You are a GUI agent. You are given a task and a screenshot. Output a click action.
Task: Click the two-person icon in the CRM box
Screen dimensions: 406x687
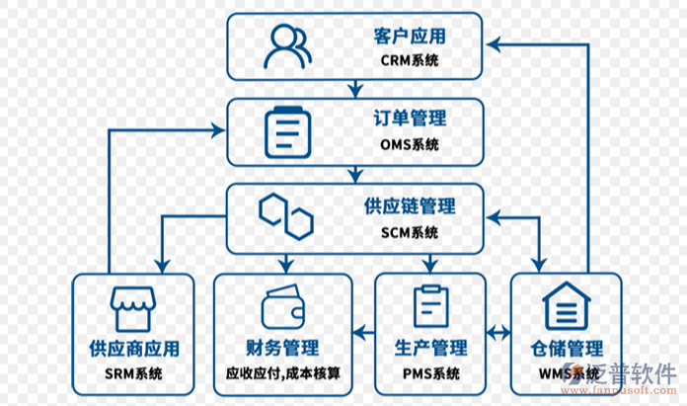pos(287,45)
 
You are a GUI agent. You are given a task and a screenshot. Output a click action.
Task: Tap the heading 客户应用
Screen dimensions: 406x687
pos(410,37)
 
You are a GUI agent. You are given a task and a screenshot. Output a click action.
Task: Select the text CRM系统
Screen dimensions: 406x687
pos(410,60)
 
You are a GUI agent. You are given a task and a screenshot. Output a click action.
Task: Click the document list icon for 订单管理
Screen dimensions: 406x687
pos(286,129)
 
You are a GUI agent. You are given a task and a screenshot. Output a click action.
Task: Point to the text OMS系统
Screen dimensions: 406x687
pos(410,145)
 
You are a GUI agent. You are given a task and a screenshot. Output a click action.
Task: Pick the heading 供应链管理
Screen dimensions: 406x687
pos(410,206)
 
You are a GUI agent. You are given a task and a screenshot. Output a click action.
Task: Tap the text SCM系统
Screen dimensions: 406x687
pos(410,233)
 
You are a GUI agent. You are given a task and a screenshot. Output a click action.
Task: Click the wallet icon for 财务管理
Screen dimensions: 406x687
pos(282,307)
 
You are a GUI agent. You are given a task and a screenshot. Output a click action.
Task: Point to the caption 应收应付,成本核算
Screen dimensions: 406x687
pos(282,375)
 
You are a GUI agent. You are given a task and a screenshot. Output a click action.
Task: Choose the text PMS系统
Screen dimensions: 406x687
pos(430,374)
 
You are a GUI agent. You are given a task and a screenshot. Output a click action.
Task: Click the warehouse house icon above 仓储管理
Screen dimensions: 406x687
pos(566,306)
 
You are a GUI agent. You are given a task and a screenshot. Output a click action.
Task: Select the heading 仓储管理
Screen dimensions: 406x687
pos(566,348)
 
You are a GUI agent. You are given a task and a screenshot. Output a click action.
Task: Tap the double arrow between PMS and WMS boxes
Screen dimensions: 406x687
pos(498,329)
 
